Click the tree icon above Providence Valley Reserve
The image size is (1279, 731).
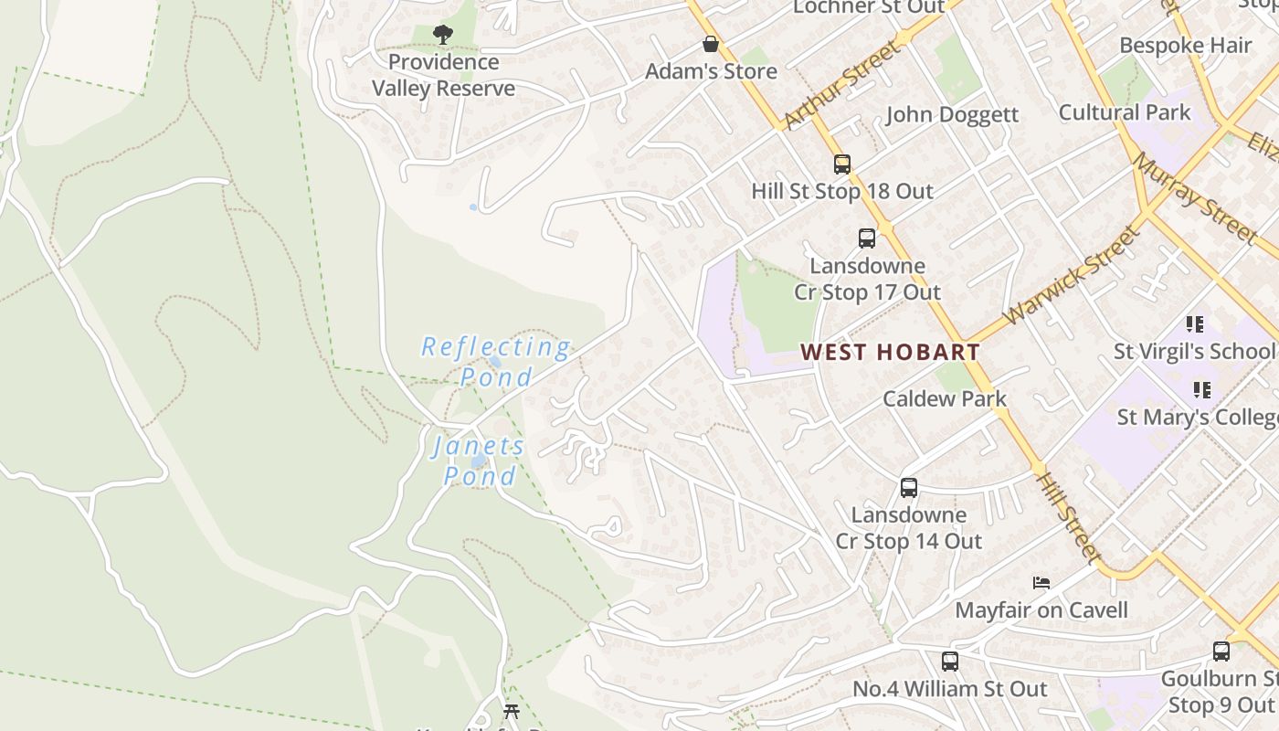[443, 35]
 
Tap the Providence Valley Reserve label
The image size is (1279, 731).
[443, 76]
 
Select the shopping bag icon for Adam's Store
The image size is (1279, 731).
[710, 44]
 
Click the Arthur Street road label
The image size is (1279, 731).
[840, 83]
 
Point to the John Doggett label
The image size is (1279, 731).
[952, 114]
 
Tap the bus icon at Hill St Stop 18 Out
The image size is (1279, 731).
[842, 164]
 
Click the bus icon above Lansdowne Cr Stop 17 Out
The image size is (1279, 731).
[867, 238]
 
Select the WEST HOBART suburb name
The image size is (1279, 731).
[890, 352]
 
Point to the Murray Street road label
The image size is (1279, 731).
[1194, 198]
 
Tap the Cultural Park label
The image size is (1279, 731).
[1125, 112]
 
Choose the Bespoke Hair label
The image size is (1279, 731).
[1186, 46]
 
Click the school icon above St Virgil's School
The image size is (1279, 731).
[1195, 324]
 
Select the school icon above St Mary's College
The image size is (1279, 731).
[1202, 390]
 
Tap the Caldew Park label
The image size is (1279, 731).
[945, 398]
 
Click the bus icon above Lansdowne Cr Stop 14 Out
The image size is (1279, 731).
[908, 488]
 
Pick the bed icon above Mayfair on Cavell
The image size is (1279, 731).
[1041, 583]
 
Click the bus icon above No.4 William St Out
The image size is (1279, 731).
[950, 661]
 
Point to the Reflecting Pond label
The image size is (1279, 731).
[496, 362]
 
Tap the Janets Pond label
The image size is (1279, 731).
[480, 461]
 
